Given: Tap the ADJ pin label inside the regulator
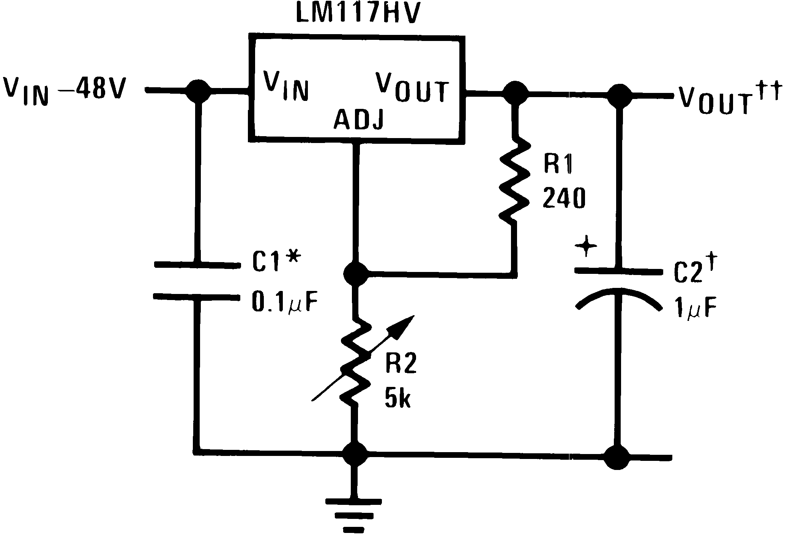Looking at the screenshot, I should click(358, 121).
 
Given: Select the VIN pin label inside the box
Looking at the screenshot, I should click(286, 88).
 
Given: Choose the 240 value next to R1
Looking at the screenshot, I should click(564, 199).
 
